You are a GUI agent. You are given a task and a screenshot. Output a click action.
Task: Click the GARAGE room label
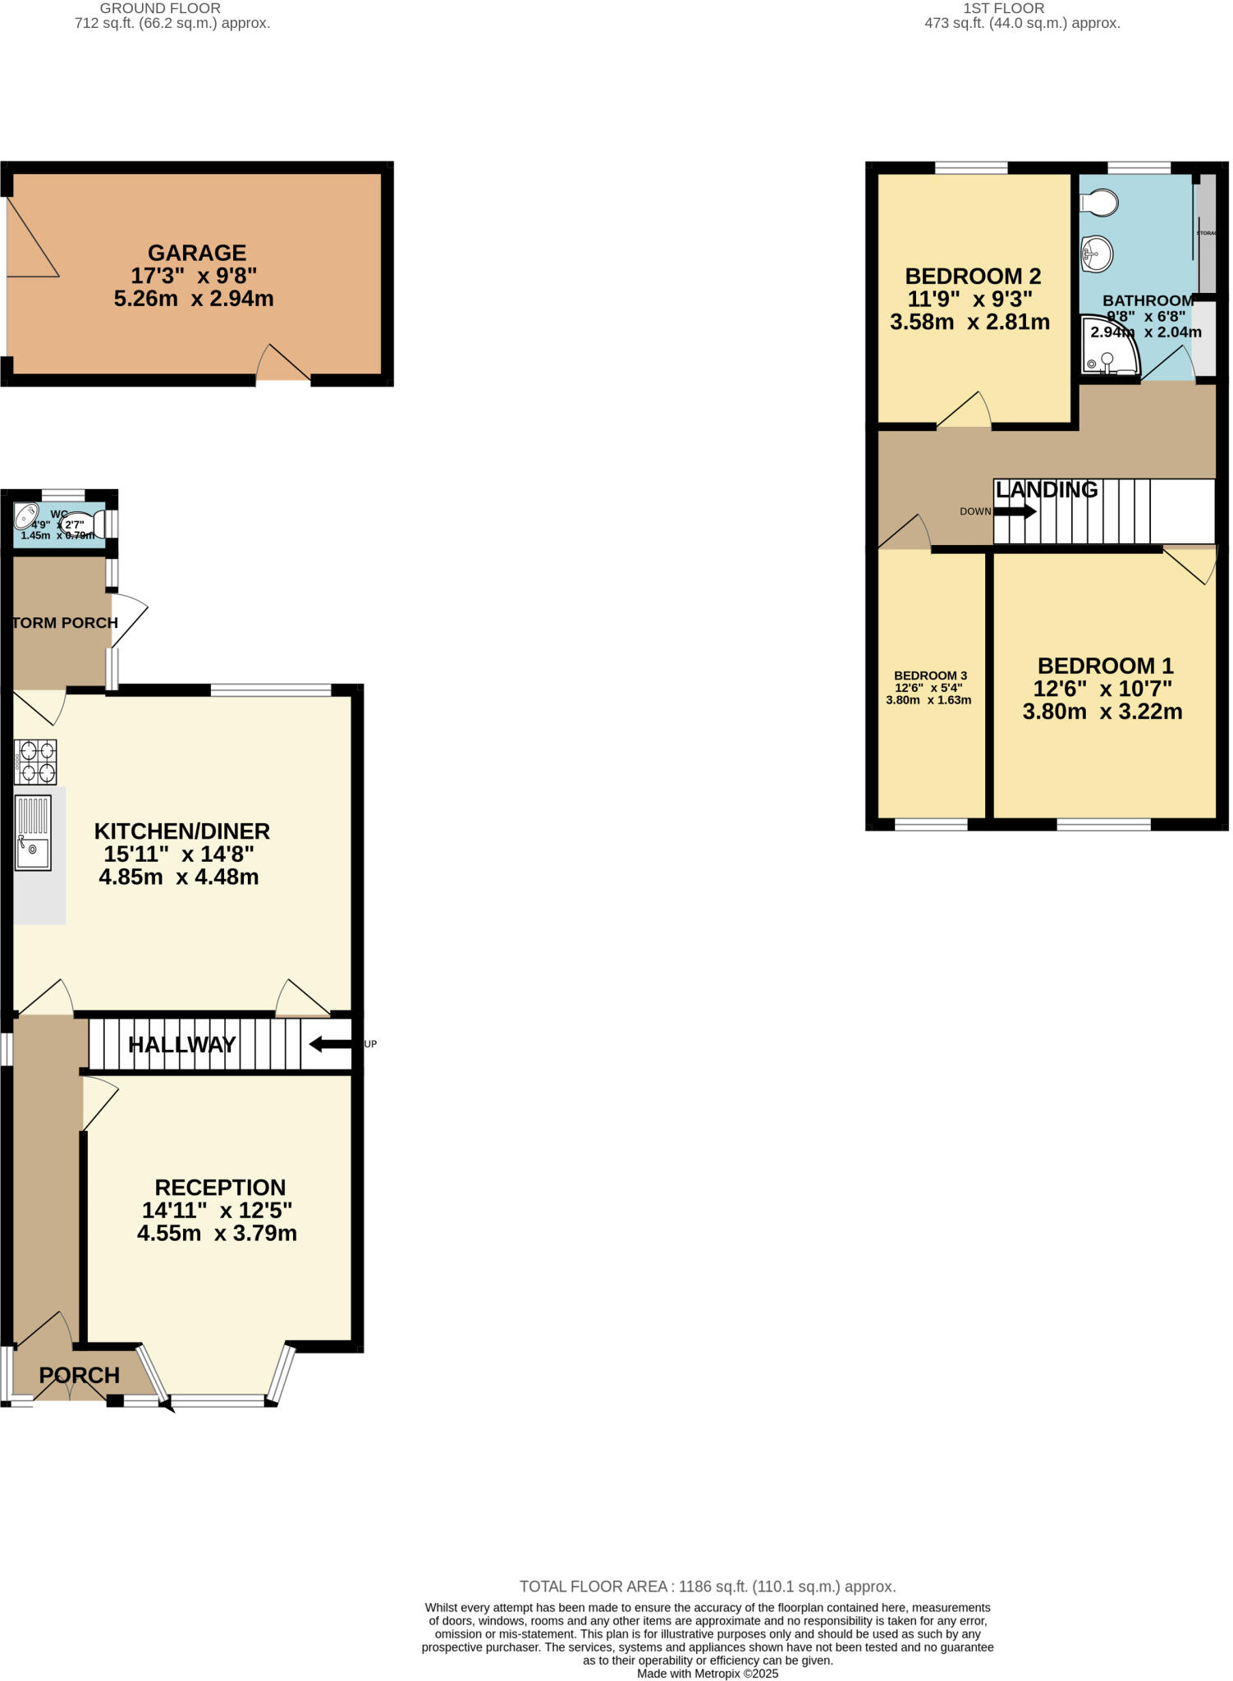[197, 253]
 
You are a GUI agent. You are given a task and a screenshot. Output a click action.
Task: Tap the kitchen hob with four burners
[35, 762]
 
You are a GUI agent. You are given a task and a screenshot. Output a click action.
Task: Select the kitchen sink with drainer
[33, 832]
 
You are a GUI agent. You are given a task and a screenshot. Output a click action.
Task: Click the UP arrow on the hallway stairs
[330, 1044]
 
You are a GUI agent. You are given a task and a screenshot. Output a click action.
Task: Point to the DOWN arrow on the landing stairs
[1015, 511]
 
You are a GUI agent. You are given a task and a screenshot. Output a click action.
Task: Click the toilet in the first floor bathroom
[1100, 202]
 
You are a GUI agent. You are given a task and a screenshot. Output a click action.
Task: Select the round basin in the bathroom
[1098, 253]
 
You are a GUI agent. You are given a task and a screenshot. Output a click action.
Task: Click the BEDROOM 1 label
[1105, 666]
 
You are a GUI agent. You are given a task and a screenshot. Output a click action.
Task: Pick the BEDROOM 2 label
[973, 276]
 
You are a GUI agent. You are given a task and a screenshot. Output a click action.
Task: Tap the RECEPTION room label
[220, 1187]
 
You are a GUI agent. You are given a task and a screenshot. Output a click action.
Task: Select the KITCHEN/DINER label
[182, 831]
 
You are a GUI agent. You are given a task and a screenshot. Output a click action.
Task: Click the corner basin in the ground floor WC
[27, 515]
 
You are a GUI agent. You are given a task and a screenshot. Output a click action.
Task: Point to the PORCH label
[80, 1375]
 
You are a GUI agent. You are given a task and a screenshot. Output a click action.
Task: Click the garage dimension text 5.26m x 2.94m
[194, 299]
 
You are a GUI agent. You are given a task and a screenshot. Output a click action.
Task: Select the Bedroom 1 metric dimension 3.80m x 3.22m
[1102, 712]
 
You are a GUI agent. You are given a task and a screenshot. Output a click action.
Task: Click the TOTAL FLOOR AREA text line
[707, 1587]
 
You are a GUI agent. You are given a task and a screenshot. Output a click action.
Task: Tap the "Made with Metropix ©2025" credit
[707, 1674]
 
